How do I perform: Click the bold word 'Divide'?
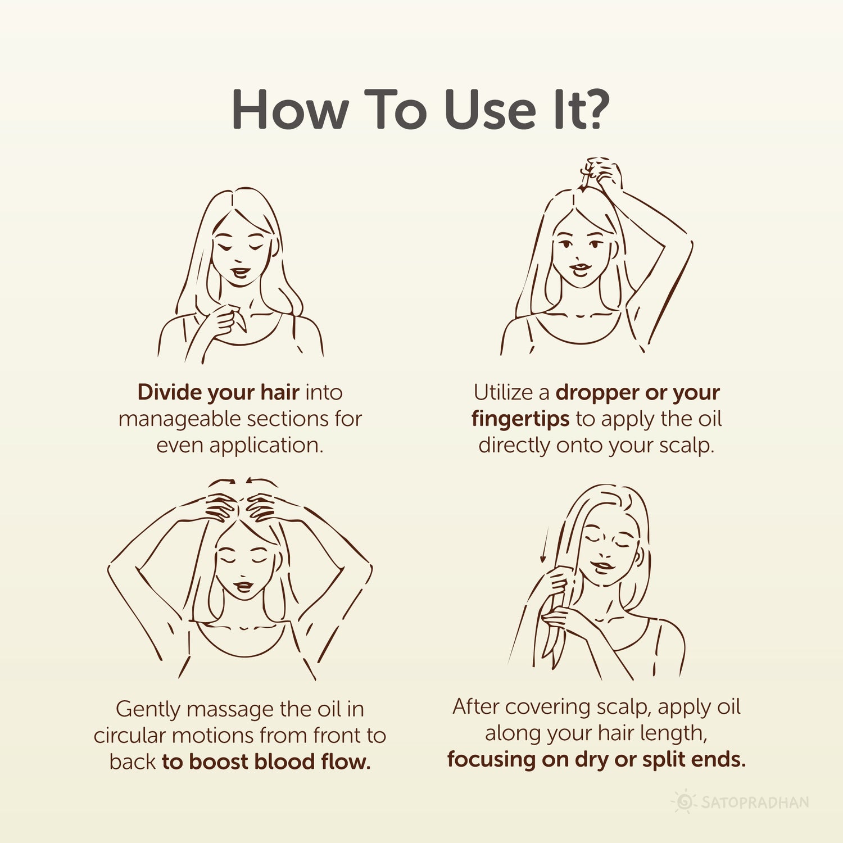tap(169, 392)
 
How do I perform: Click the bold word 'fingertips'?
tap(520, 419)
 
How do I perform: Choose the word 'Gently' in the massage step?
tap(148, 709)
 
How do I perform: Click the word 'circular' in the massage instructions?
tap(129, 736)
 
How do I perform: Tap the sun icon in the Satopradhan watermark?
tap(684, 802)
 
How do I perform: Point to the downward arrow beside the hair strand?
tap(544, 545)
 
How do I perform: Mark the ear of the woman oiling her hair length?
tap(640, 558)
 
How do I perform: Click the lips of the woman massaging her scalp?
tap(244, 586)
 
